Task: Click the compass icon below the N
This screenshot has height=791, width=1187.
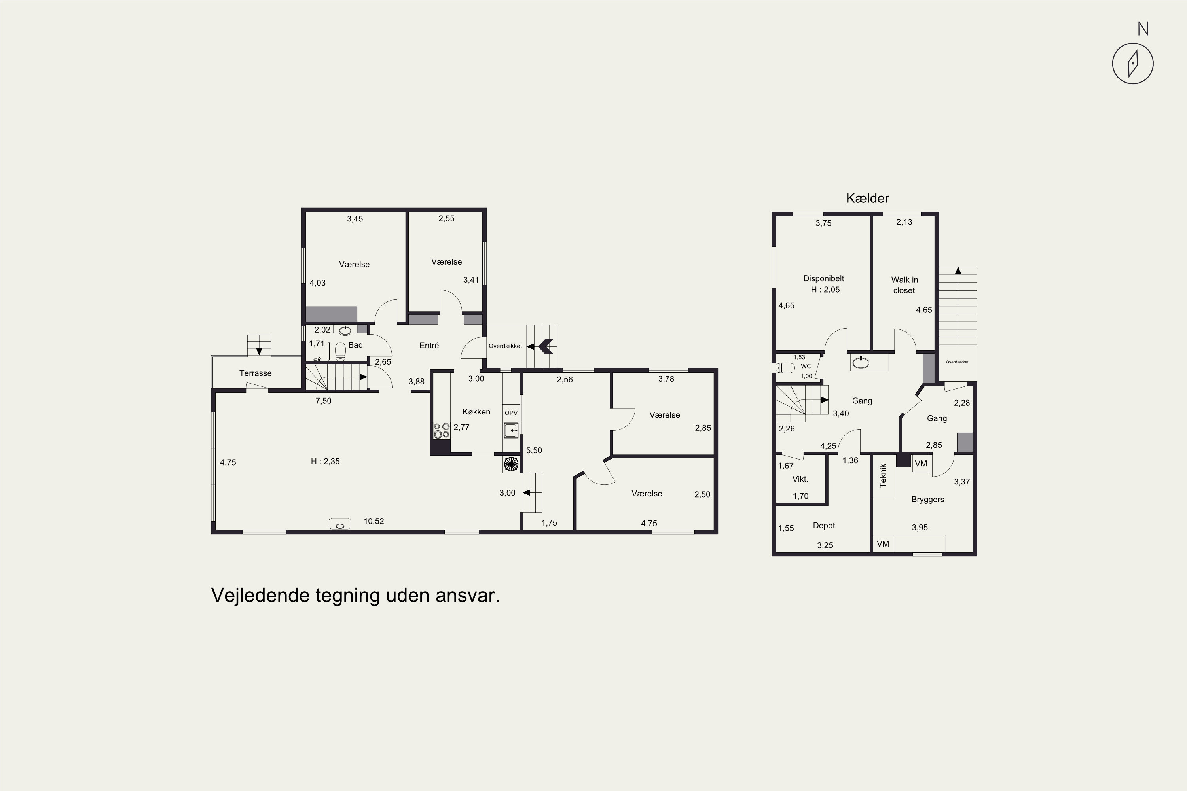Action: (x=1132, y=64)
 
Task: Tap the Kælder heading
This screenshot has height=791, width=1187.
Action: (x=868, y=198)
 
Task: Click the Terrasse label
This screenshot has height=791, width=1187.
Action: (x=255, y=373)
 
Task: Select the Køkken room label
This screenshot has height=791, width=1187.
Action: (x=476, y=412)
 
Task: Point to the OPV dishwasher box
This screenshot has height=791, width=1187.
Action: (x=511, y=413)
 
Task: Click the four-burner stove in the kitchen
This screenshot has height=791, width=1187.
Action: (x=442, y=431)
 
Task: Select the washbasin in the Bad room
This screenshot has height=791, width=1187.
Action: (x=345, y=330)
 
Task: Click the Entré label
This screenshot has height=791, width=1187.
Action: (x=429, y=346)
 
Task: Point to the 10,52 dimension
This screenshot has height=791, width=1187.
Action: (x=374, y=521)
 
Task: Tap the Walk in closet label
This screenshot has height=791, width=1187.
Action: (x=904, y=285)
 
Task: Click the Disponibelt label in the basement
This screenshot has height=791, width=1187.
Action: (x=824, y=278)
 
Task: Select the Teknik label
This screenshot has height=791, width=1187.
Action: (x=883, y=475)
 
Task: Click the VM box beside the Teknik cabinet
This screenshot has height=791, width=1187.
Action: (x=921, y=464)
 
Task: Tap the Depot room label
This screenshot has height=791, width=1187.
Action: (x=824, y=526)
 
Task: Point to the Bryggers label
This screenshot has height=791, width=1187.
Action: (x=927, y=500)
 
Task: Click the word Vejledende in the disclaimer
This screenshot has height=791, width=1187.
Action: (x=260, y=595)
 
